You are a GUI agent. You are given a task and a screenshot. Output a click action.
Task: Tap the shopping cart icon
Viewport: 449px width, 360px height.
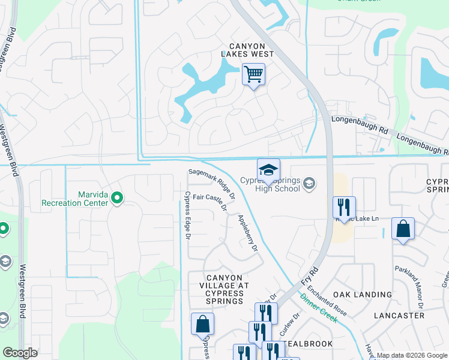pyautogui.click(x=253, y=75)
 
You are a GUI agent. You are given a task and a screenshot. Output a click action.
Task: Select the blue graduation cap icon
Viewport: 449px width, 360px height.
pyautogui.click(x=268, y=169)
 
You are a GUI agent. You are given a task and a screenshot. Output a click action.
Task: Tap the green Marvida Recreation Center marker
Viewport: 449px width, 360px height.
pyautogui.click(x=117, y=197)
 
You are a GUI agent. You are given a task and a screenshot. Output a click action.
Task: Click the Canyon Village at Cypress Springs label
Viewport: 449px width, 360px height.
pyautogui.click(x=224, y=289)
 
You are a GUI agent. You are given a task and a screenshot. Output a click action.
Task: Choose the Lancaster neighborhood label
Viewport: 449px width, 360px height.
pyautogui.click(x=399, y=315)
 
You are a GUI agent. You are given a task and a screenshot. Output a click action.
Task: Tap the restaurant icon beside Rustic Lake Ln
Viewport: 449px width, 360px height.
pyautogui.click(x=343, y=208)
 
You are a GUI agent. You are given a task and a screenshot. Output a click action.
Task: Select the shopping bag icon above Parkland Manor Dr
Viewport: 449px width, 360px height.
pyautogui.click(x=402, y=229)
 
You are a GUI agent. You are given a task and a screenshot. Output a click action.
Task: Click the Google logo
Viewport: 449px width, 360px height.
pyautogui.click(x=20, y=353)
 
